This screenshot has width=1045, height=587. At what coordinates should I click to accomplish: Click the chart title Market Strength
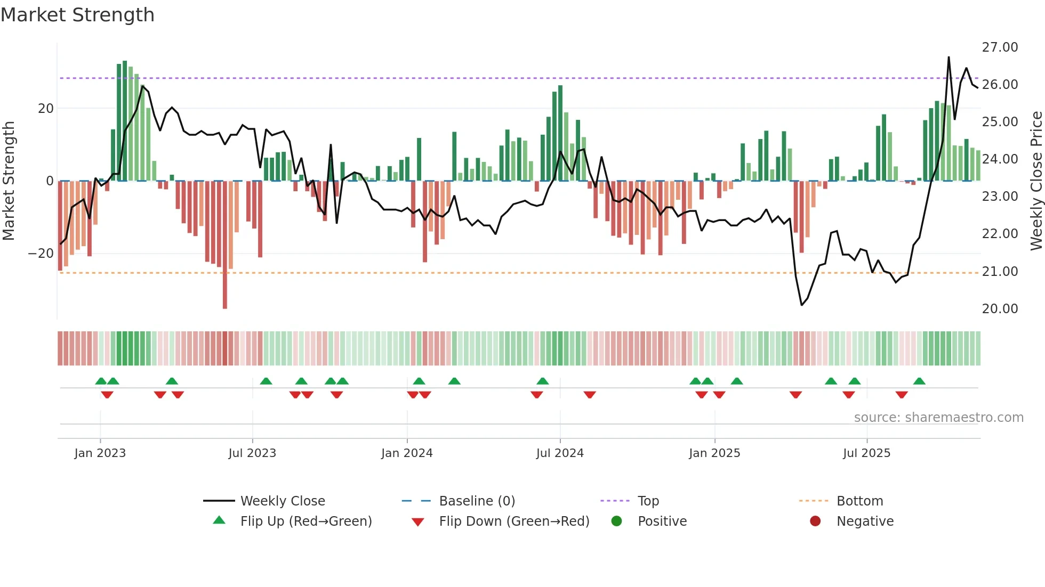pyautogui.click(x=78, y=15)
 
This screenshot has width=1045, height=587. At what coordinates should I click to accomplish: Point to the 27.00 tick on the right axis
pyautogui.click(x=1000, y=47)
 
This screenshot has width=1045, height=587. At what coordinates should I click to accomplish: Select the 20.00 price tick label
pyautogui.click(x=1000, y=309)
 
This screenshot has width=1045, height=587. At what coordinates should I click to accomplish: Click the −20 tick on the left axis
pyautogui.click(x=41, y=254)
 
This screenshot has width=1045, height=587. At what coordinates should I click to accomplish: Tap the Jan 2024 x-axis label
pyautogui.click(x=407, y=453)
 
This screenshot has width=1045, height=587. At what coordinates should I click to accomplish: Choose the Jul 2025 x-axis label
pyautogui.click(x=866, y=453)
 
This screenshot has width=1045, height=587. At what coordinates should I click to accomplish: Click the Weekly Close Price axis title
pyautogui.click(x=1036, y=181)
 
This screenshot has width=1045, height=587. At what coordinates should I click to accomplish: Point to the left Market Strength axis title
pyautogui.click(x=9, y=181)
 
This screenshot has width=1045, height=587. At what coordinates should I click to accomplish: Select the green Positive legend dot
pyautogui.click(x=617, y=521)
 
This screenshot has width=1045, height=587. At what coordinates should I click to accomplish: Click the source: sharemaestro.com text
pyautogui.click(x=938, y=418)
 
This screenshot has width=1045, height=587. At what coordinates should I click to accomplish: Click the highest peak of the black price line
pyautogui.click(x=948, y=58)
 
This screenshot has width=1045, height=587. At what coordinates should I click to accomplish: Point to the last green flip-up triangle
pyautogui.click(x=919, y=381)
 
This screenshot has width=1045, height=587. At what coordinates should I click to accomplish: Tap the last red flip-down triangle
pyautogui.click(x=902, y=395)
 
